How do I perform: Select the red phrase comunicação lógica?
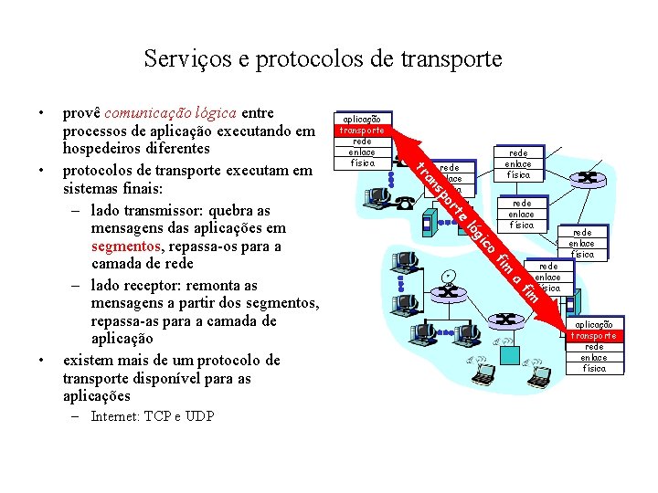pyautogui.click(x=171, y=113)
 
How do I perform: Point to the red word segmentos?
pyautogui.click(x=122, y=246)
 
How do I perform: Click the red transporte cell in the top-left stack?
pyautogui.click(x=363, y=131)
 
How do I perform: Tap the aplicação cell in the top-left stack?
pyautogui.click(x=363, y=120)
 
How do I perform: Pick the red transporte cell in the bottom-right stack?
pyautogui.click(x=594, y=336)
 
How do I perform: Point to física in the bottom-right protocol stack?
pyautogui.click(x=594, y=369)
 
